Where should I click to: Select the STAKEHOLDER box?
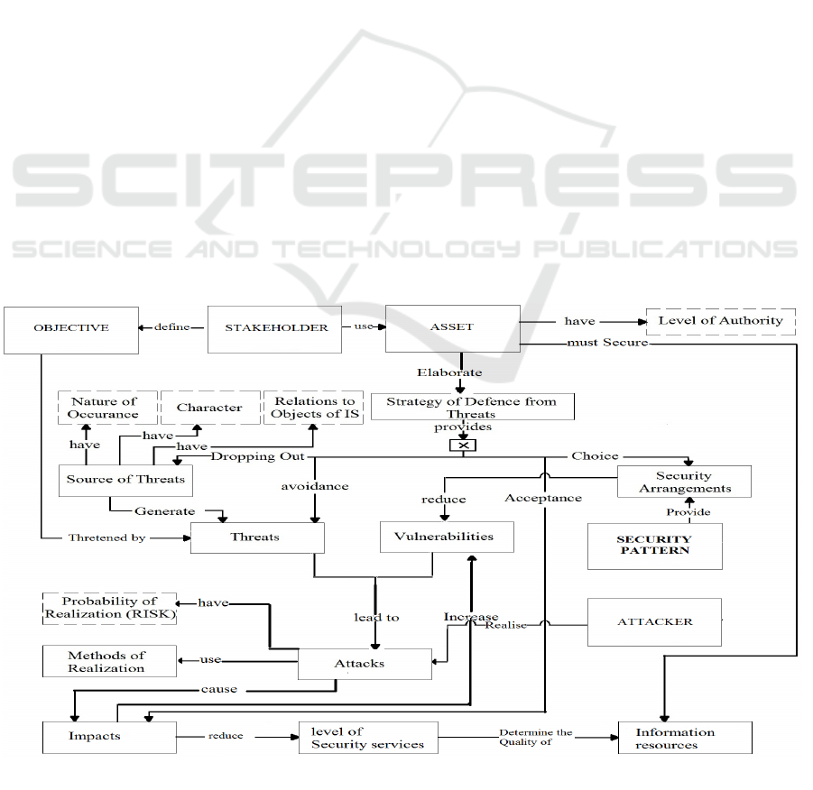[276, 328]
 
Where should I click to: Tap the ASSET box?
[452, 328]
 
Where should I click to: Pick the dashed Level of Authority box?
[720, 321]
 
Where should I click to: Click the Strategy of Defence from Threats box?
[471, 407]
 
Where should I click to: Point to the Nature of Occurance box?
[104, 408]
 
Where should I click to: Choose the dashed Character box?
[209, 408]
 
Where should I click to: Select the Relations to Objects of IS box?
[314, 408]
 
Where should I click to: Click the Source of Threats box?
[125, 479]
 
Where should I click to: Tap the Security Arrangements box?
[684, 482]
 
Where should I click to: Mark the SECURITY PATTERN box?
[654, 545]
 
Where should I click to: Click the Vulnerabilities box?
[447, 537]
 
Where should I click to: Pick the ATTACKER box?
[654, 621]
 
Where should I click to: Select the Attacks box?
[360, 664]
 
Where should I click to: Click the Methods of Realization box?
[109, 661]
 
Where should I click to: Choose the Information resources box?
[684, 738]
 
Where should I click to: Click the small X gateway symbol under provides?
[463, 446]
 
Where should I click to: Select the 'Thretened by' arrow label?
[109, 537]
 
